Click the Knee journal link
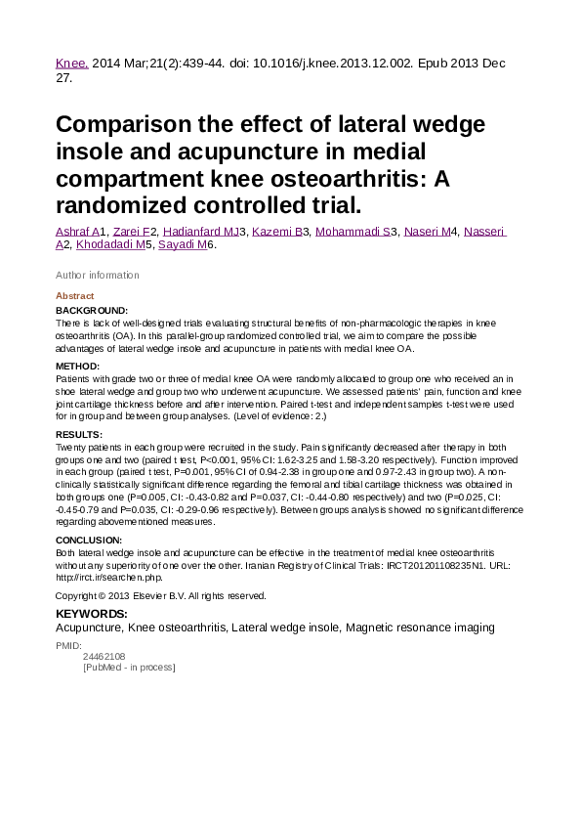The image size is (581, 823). [71, 64]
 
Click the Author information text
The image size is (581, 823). [98, 275]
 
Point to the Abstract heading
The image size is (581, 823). [75, 296]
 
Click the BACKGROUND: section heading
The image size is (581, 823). [92, 310]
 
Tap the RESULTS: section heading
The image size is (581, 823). [79, 434]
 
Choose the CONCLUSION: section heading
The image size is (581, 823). [89, 540]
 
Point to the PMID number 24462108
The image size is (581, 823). [104, 656]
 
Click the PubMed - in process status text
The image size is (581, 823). [129, 668]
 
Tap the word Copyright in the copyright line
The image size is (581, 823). [77, 595]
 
